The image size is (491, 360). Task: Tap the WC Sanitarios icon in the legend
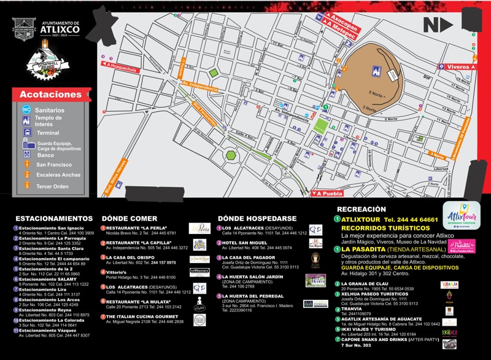tap(26, 109)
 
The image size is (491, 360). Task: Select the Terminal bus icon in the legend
tap(26, 132)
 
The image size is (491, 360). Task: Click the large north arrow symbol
tap(438, 25)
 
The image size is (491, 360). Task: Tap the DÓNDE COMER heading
tap(130, 218)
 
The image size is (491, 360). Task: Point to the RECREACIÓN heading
tap(361, 209)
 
